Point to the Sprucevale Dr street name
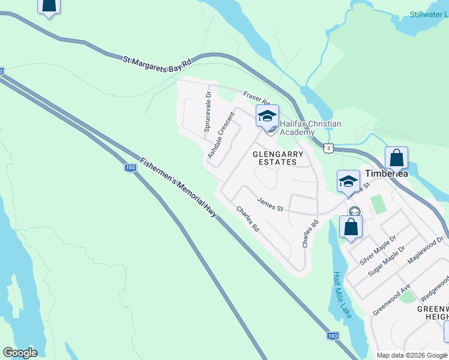(208, 112)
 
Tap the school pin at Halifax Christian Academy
(267, 116)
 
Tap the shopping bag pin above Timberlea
(396, 158)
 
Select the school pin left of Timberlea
(348, 181)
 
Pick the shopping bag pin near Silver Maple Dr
(351, 227)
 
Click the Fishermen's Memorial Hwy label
(178, 187)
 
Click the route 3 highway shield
(327, 147)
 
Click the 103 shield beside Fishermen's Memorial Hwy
(130, 168)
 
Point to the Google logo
(20, 353)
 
